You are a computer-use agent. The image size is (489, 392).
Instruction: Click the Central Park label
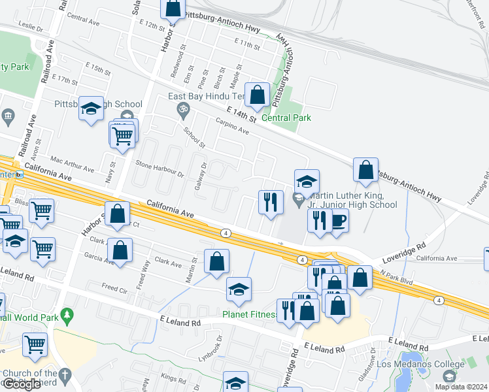286,118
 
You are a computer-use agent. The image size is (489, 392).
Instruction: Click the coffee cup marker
338,220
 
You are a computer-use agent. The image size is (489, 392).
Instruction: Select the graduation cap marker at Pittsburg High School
91,108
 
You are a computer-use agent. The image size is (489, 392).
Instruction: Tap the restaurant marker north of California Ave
270,202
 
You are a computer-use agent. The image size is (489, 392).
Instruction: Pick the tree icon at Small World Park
67,317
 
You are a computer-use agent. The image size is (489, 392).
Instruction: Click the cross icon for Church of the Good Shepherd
64,374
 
